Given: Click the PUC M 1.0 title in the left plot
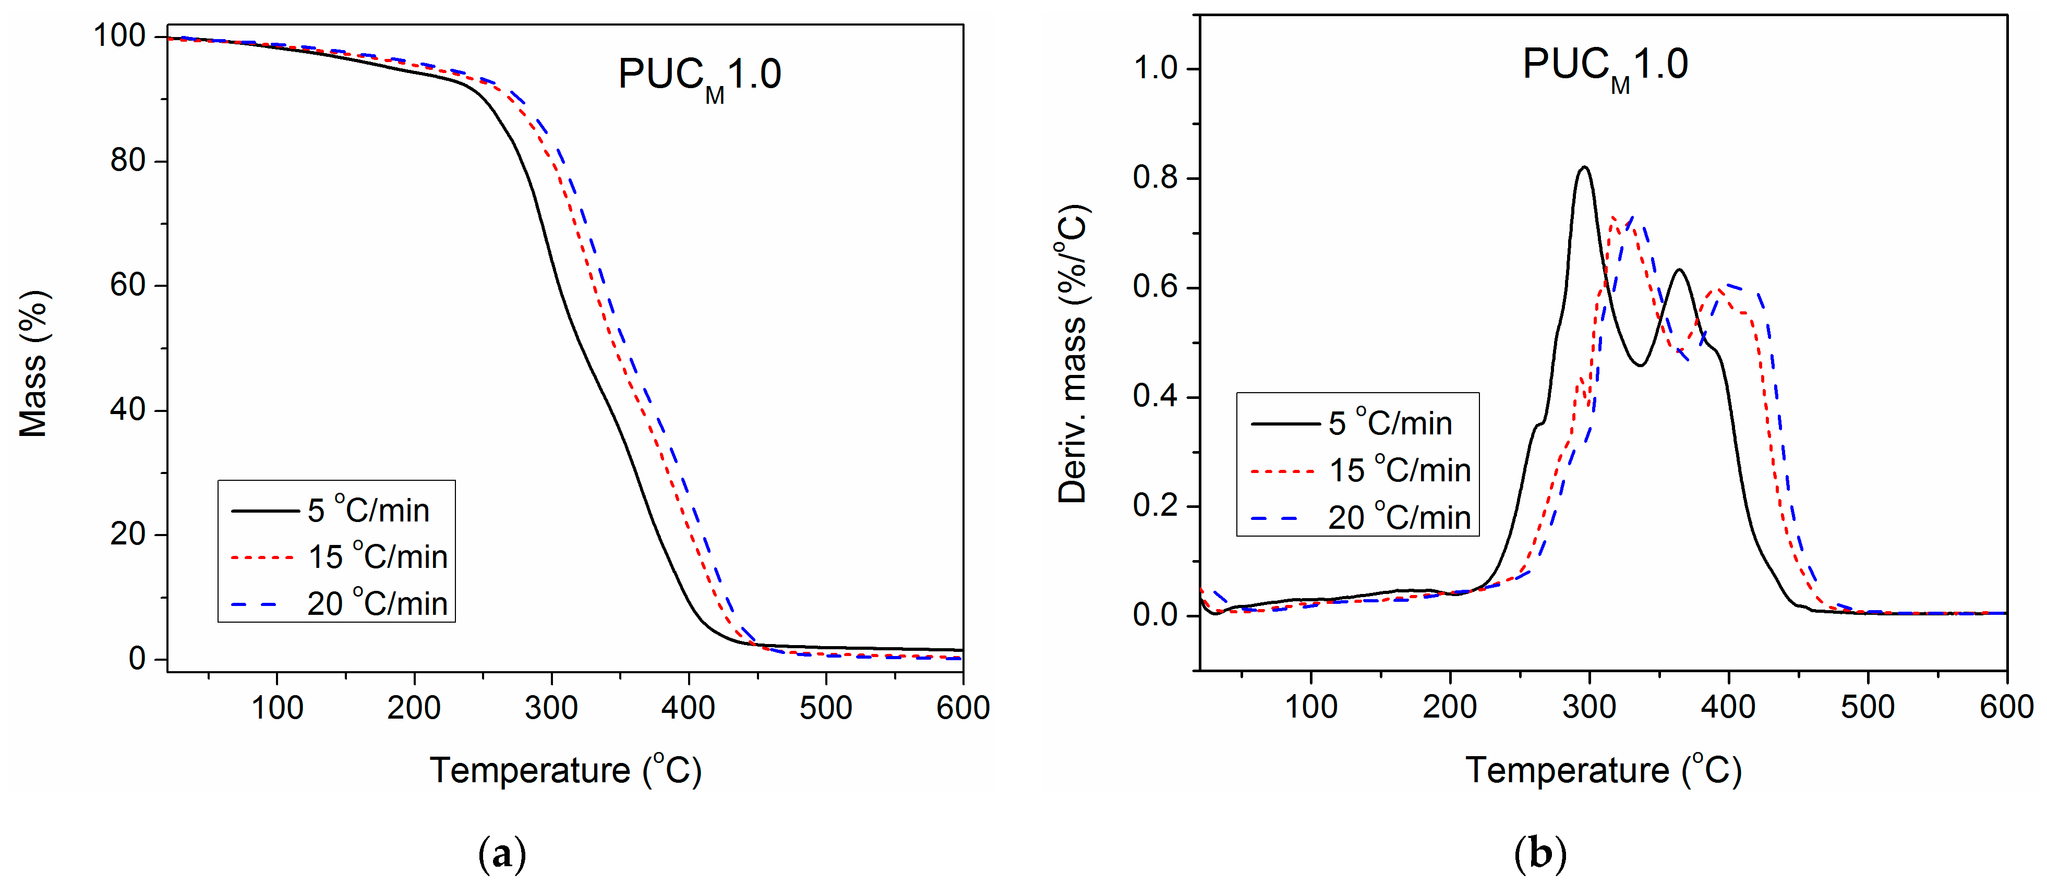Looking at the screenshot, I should click(699, 76).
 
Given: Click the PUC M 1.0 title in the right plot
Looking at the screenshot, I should click(1605, 65).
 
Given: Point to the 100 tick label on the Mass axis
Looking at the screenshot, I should click(119, 36).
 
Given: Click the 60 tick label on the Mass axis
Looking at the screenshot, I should click(127, 285).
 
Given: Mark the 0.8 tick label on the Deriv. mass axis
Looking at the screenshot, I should click(1154, 177).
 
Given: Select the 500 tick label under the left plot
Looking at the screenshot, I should click(826, 707).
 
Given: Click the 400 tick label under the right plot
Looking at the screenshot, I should click(1728, 707).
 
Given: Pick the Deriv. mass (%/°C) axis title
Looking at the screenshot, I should click(1072, 355).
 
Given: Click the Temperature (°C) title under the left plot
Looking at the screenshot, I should click(566, 770).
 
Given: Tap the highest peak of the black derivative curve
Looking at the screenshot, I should click(1584, 168).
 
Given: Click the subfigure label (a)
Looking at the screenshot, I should click(502, 854).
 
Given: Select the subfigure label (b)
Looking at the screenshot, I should click(1540, 854).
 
